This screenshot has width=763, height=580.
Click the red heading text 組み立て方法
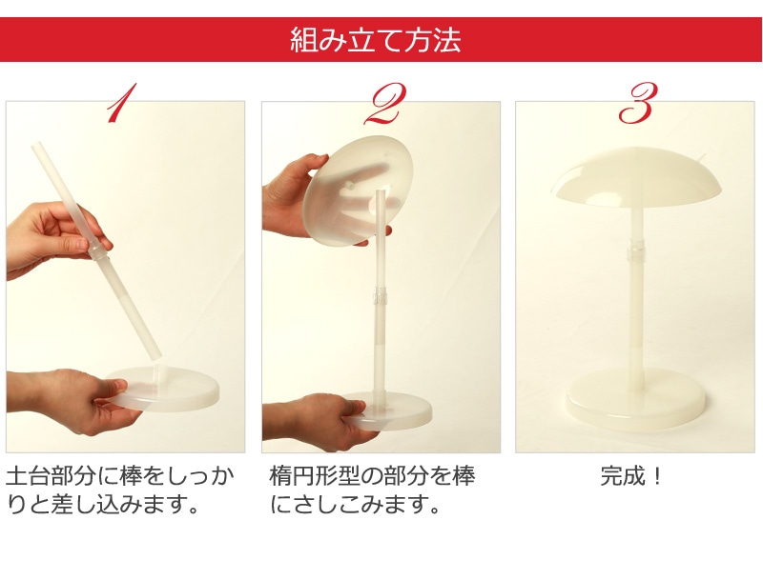(375, 40)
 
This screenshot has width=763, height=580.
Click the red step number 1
(121, 103)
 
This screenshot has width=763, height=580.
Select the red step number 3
(637, 102)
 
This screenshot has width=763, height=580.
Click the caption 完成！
(631, 475)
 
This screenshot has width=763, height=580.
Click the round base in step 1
(161, 389)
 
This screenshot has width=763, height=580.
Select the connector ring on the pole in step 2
(379, 295)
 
